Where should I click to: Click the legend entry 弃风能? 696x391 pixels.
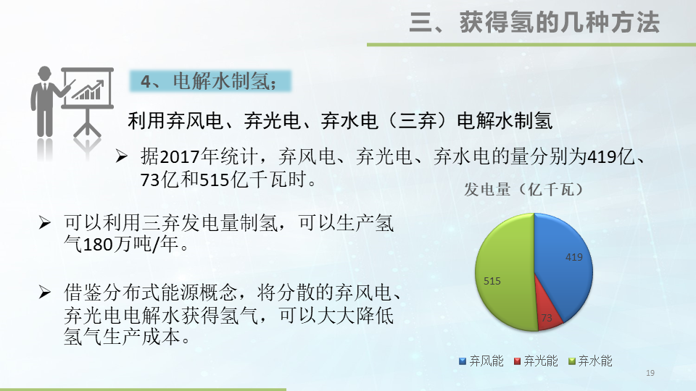(x=481, y=361)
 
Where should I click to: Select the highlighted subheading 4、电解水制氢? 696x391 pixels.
(x=210, y=81)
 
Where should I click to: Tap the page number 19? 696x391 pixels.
(x=650, y=373)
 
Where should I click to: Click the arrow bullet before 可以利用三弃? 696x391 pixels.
(x=46, y=222)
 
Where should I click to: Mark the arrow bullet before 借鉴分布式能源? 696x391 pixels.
(x=46, y=293)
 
